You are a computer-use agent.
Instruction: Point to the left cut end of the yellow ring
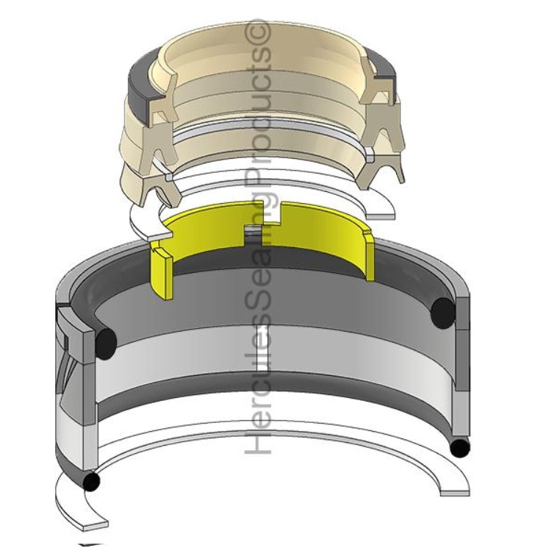coord(162,274)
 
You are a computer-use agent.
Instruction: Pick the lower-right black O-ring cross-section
coord(459,448)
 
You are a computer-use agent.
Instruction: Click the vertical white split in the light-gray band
coord(262,348)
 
